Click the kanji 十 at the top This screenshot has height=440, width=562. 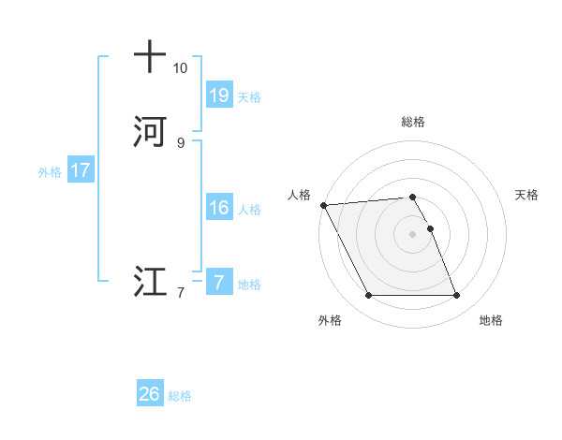pos(150,57)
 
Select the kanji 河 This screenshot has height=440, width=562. pos(150,131)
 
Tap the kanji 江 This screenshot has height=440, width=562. pos(150,282)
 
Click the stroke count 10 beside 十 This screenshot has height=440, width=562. pos(180,68)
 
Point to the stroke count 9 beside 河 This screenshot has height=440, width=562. pos(180,143)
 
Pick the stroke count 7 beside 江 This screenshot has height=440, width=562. pos(180,293)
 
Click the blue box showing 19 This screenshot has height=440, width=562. pos(218,95)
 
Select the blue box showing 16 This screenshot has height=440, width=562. pos(218,208)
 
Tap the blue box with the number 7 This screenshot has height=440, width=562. pos(218,282)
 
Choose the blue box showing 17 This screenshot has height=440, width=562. pos(81,170)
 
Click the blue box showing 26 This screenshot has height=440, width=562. pos(150,394)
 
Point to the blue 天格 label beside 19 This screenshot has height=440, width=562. pos(249,96)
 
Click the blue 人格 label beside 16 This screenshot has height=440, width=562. pos(249,210)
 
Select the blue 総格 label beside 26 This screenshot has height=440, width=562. pos(180,396)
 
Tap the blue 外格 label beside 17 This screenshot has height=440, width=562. pos(50,172)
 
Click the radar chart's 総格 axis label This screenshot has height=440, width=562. pos(412,122)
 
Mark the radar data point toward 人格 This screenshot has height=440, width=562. pos(323,205)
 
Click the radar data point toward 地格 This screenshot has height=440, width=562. pos(456,296)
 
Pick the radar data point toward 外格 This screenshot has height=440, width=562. pos(368,296)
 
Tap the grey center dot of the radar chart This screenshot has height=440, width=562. pos(412,234)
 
